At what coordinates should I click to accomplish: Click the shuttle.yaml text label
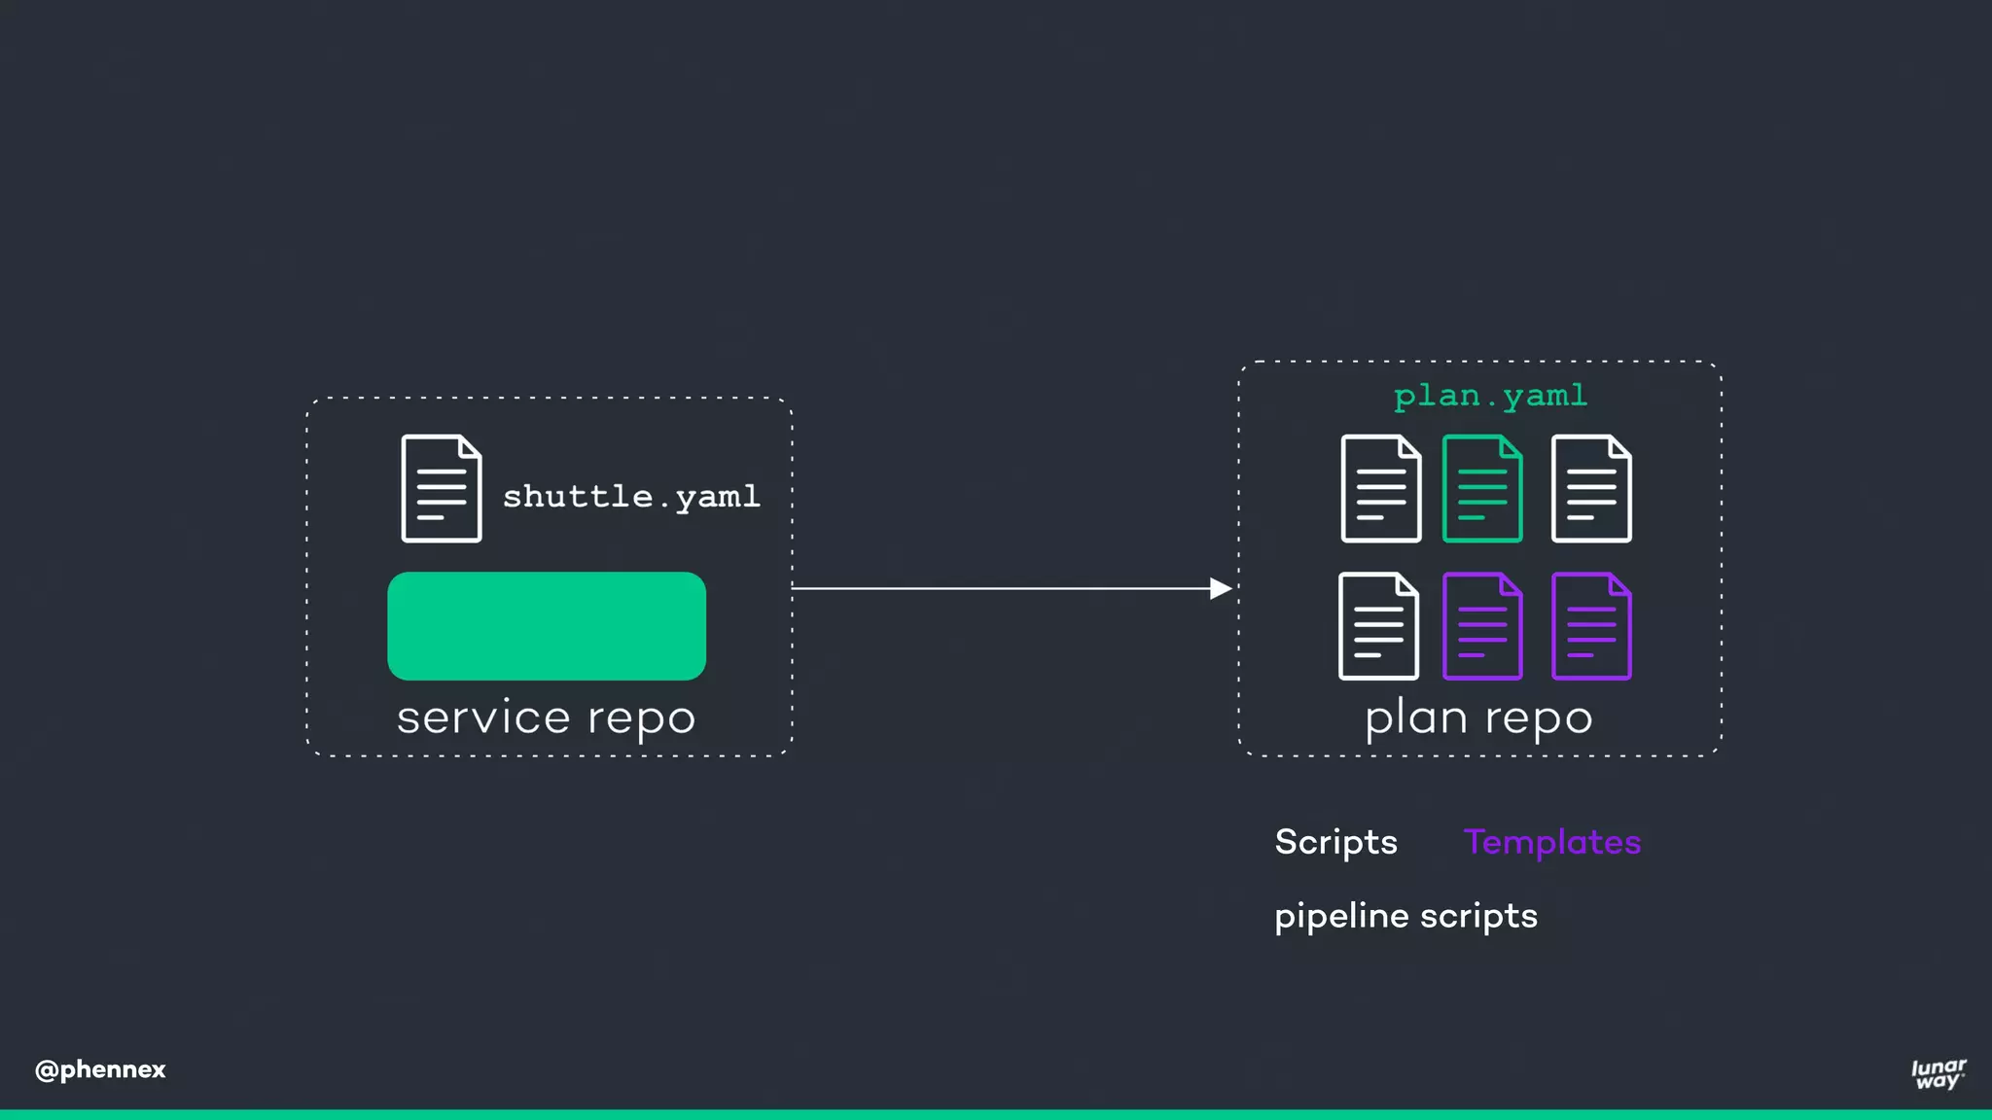[630, 497]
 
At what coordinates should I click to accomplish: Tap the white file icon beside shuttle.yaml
[442, 488]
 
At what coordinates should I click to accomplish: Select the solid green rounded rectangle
[547, 626]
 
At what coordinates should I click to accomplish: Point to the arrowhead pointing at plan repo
[1221, 588]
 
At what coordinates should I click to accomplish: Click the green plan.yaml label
[1490, 396]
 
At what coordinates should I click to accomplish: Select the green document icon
[1481, 488]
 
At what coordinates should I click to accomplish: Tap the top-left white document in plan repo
[1380, 488]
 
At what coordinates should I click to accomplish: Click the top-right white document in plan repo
[1591, 488]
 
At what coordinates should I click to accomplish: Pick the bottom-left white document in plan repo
[1378, 626]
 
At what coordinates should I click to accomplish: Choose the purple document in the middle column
[1481, 626]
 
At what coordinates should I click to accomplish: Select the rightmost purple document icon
[1591, 626]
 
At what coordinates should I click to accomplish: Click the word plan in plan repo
[1416, 719]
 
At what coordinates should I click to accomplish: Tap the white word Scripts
[1335, 842]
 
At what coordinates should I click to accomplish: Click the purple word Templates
[1552, 842]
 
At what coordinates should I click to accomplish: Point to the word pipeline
[1341, 916]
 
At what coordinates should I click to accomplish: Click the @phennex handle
[100, 1069]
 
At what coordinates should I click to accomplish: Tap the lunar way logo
[1938, 1073]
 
